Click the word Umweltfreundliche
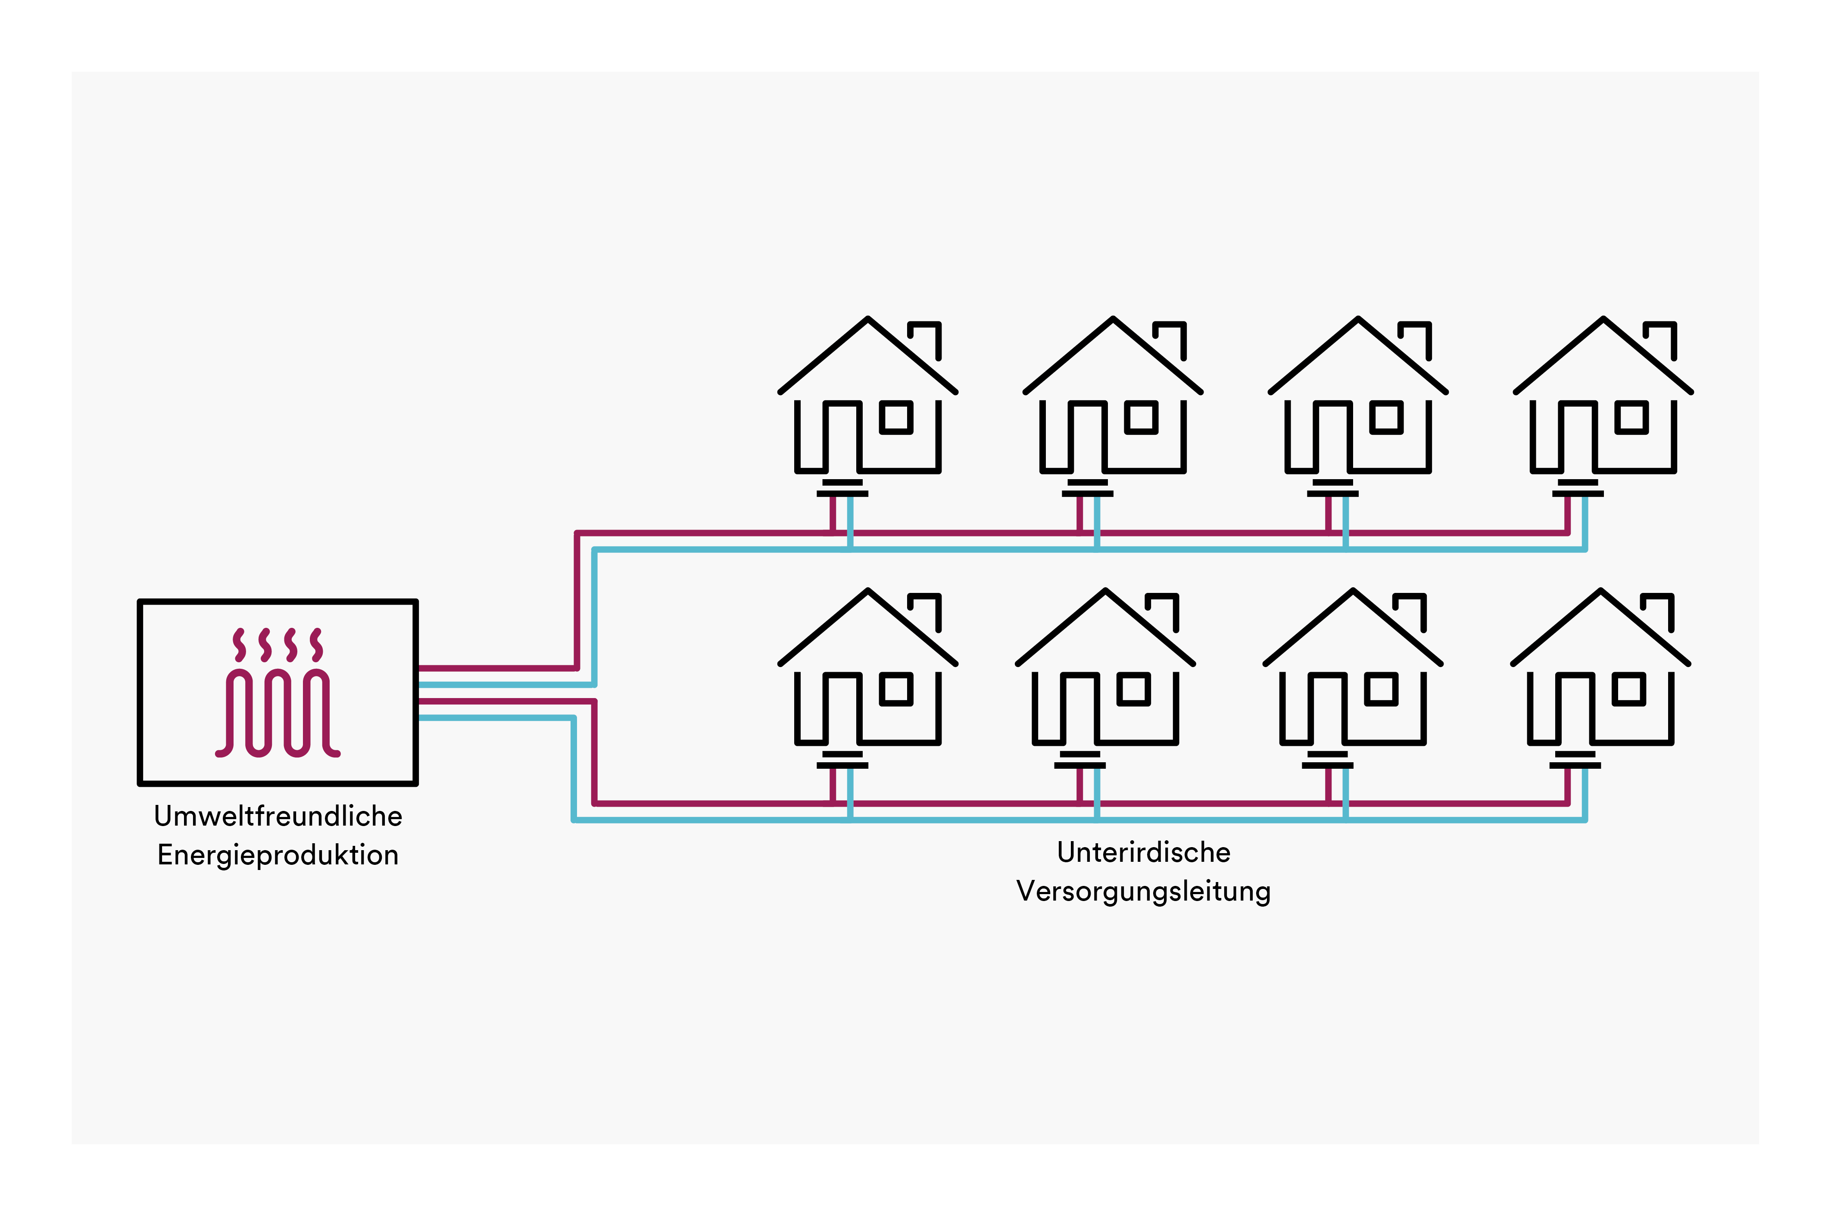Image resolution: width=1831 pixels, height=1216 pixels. pos(278,817)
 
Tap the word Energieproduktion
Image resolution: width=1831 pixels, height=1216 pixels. pos(278,855)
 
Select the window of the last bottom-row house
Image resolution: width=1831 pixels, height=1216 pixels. pos(1628,689)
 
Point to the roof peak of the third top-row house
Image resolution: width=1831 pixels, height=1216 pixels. pos(1358,319)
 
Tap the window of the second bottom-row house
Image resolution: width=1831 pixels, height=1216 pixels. pos(1134,689)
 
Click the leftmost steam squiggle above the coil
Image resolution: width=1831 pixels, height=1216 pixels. pos(240,645)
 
